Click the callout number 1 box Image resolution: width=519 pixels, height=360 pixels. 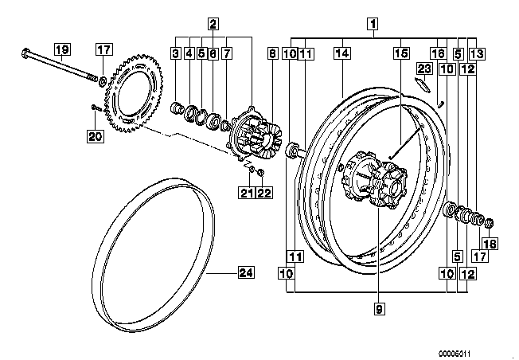point(373,24)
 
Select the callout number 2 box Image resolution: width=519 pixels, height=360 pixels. point(213,24)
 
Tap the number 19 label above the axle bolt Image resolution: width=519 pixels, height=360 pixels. point(62,49)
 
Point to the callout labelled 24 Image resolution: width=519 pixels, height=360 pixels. point(247,273)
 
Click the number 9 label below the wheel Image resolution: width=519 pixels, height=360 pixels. point(380,309)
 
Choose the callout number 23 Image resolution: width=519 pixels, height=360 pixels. point(424,68)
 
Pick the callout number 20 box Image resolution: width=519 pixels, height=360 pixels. point(96,136)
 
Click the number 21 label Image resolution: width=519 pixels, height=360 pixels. point(247,193)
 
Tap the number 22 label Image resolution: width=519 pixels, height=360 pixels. point(263,193)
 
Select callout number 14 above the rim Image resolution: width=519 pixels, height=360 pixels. point(342,53)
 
